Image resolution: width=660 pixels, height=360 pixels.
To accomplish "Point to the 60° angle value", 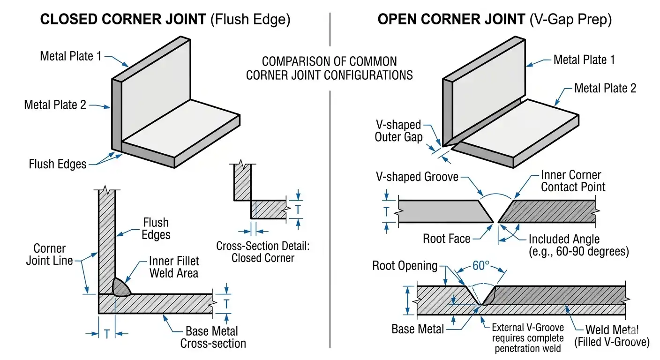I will tap(481, 265).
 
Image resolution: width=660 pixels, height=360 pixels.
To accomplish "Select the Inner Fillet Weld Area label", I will tap(174, 267).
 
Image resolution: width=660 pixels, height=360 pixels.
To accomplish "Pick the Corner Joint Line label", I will tap(50, 255).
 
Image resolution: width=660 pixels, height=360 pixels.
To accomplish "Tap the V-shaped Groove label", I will tap(417, 178).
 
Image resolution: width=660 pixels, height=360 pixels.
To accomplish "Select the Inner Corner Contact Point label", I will tap(573, 181).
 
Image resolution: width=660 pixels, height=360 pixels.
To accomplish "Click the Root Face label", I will tap(446, 239).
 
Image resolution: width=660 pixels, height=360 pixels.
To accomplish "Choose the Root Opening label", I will tap(405, 266).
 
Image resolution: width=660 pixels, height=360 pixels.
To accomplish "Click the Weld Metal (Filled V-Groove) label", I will tap(617, 336).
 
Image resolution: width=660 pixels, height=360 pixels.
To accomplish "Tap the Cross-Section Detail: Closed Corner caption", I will tap(262, 252).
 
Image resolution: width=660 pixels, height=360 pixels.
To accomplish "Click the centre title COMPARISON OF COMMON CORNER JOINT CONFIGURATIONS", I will tap(330, 68).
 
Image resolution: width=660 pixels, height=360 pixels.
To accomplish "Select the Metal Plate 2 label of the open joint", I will tap(605, 88).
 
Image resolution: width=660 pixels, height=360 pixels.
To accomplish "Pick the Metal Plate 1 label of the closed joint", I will tap(70, 56).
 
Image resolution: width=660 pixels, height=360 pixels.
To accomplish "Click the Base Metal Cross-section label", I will tap(213, 337).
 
